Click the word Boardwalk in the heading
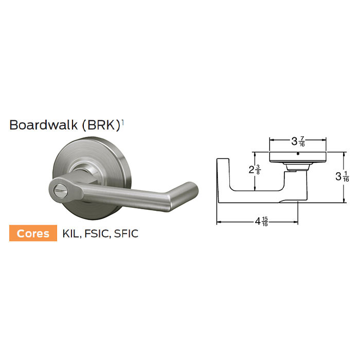[x=43, y=125]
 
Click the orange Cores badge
[x=33, y=233]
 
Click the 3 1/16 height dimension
[x=342, y=177]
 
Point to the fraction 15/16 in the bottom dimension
[x=265, y=223]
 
